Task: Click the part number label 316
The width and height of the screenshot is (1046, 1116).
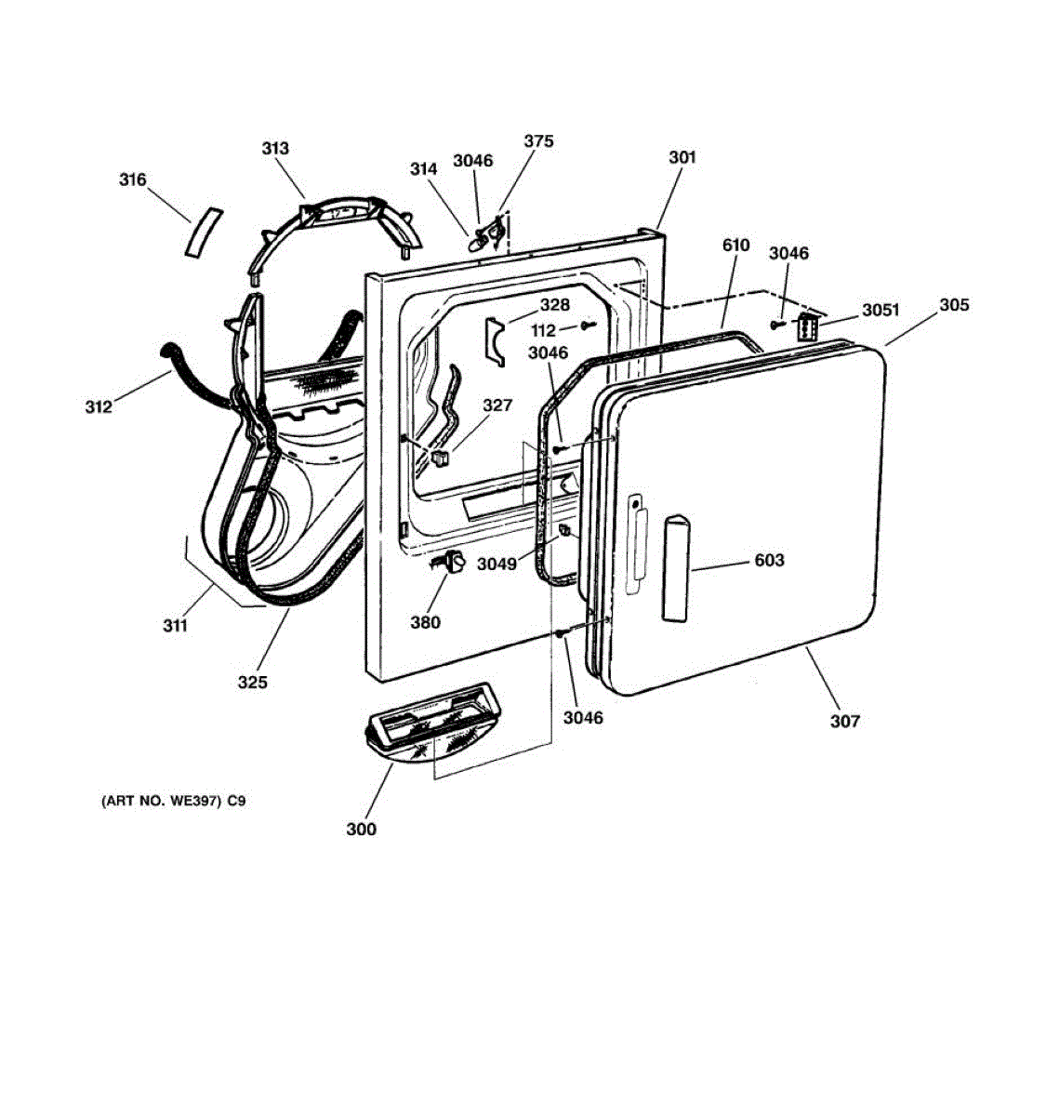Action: tap(132, 179)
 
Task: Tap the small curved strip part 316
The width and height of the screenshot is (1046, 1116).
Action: tap(204, 232)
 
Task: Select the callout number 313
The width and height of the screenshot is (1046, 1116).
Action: tap(275, 149)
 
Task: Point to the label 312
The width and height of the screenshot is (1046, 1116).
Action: tap(99, 406)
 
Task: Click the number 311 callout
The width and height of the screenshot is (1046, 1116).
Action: tap(175, 626)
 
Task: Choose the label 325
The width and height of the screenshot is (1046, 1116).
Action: tap(253, 683)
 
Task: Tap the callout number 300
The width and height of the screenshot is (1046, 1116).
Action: tap(362, 830)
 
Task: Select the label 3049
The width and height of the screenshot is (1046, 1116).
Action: tap(497, 564)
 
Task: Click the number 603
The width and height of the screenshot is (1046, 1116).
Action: tap(770, 560)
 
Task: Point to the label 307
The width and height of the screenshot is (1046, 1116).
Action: tap(845, 721)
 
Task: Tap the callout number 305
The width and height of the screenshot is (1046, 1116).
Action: tap(954, 305)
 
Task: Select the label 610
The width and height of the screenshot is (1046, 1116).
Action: tap(736, 245)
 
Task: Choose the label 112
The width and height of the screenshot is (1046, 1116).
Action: tap(543, 330)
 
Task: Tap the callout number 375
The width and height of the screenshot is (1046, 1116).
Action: tap(539, 141)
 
